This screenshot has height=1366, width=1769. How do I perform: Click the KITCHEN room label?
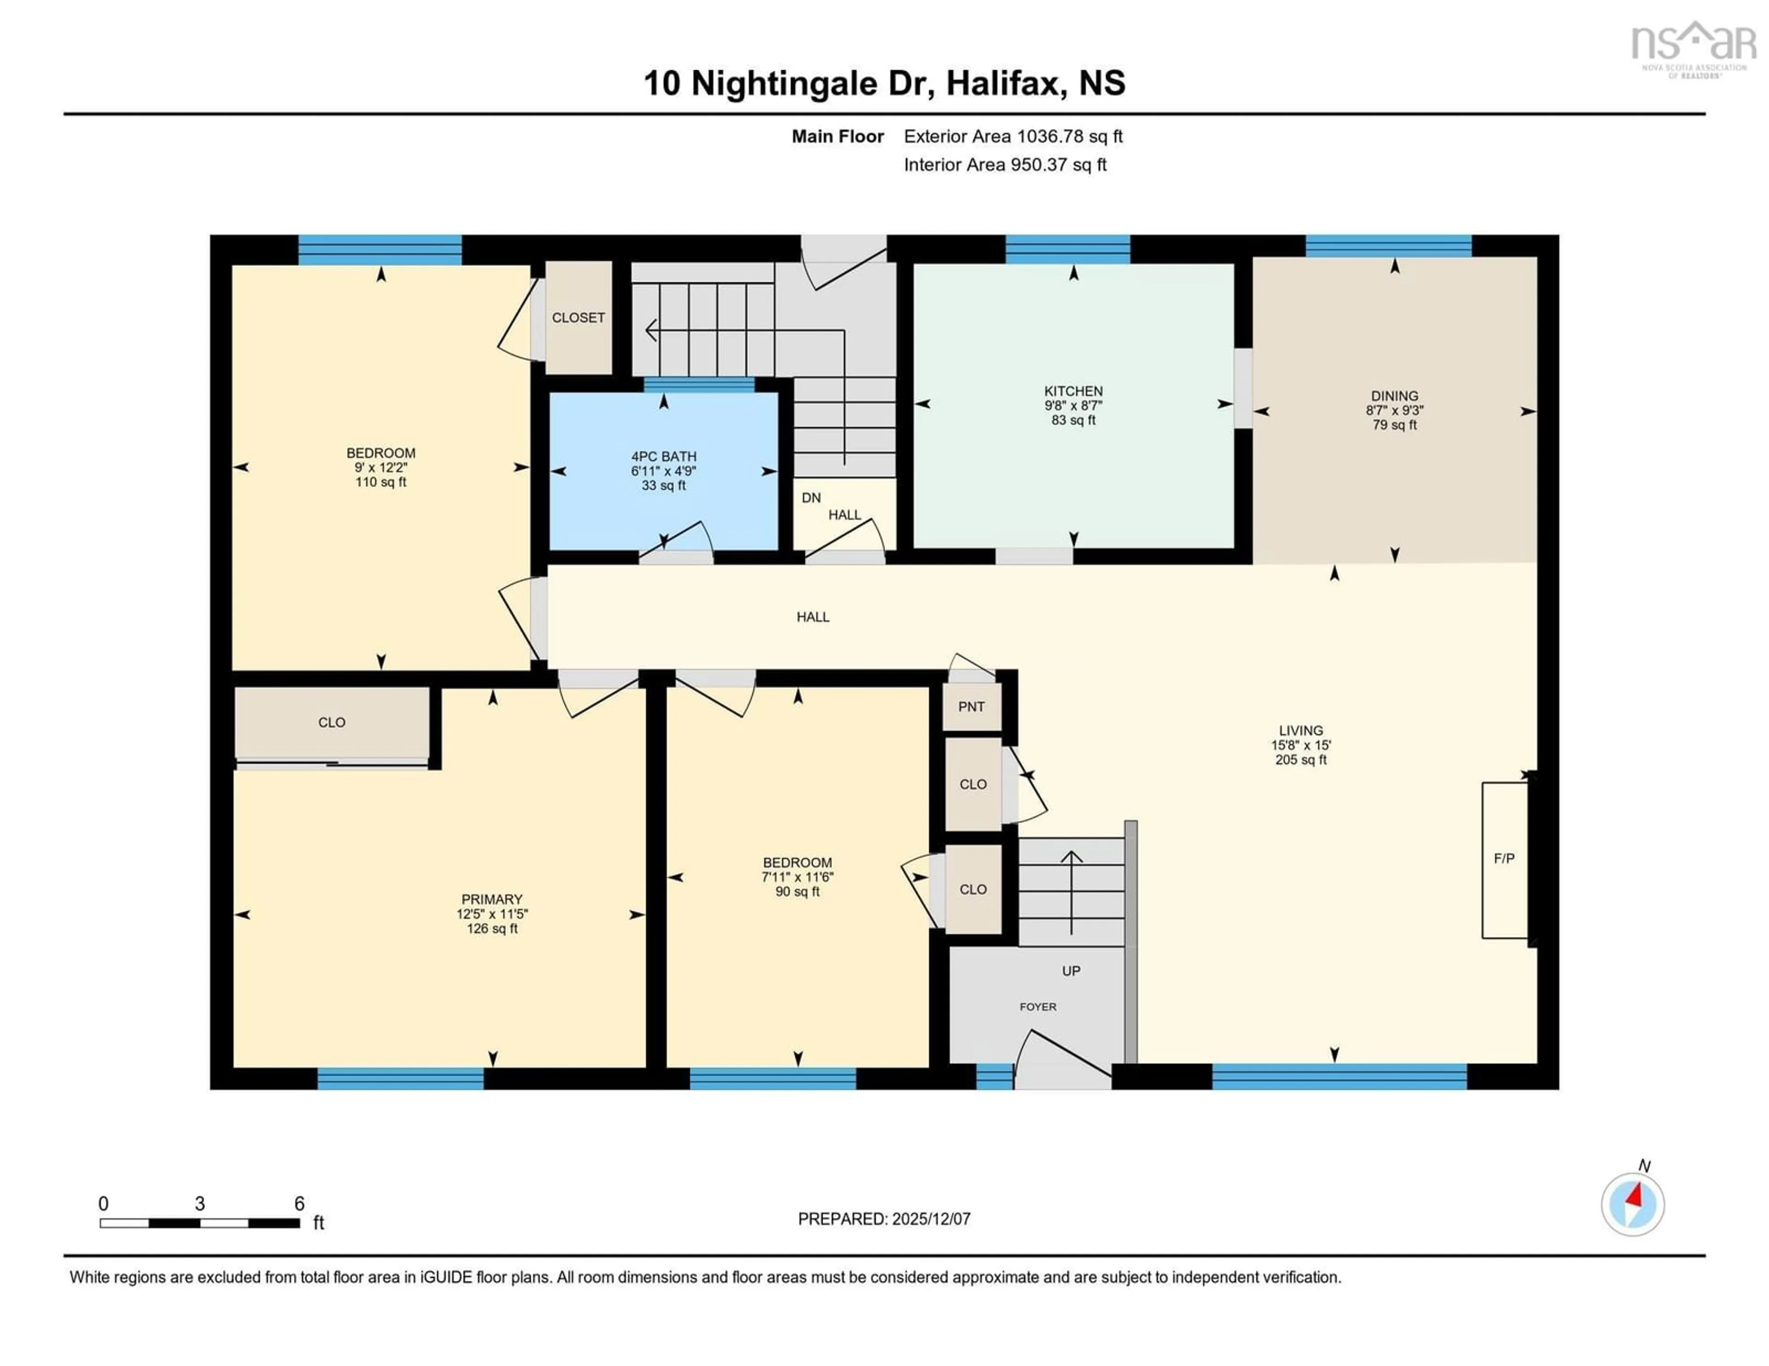tap(1073, 391)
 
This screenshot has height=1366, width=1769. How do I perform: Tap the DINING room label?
tap(1394, 396)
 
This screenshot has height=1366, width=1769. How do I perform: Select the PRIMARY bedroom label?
tap(492, 899)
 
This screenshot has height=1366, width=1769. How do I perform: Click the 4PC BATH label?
tap(663, 457)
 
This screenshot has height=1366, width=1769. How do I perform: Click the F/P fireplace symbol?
tap(1504, 858)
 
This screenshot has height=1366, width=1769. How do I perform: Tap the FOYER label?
tap(1037, 1006)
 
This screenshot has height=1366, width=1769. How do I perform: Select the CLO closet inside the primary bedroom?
tap(331, 722)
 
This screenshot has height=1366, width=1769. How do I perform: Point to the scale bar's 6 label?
tap(299, 1204)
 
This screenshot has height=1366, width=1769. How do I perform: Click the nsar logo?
tap(1693, 45)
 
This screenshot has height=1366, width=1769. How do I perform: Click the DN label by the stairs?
tap(811, 498)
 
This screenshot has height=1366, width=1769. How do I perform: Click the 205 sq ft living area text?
tap(1301, 759)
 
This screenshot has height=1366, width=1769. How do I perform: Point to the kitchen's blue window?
tap(1067, 250)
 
